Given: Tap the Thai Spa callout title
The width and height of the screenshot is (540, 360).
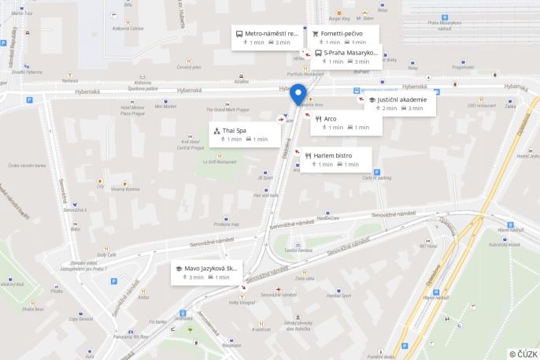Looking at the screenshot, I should [x=234, y=130].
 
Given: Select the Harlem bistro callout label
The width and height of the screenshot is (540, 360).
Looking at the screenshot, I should [x=333, y=156].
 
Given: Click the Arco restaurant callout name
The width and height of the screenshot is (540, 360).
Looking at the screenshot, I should [x=330, y=118].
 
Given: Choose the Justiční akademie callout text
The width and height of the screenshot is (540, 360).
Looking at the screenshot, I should [x=401, y=100].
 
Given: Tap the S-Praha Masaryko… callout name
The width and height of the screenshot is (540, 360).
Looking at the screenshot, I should [x=350, y=53].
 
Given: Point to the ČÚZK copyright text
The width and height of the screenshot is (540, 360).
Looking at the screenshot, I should [x=523, y=354].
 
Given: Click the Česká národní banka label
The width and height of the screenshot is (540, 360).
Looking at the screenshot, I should [x=27, y=165].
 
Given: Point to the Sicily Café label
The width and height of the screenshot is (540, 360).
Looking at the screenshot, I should [x=106, y=254].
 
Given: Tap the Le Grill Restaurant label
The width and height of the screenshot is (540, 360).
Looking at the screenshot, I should [x=220, y=161].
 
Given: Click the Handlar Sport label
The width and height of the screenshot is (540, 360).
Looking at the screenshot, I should [x=338, y=295].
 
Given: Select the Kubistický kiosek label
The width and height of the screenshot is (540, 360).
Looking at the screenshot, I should [x=501, y=244].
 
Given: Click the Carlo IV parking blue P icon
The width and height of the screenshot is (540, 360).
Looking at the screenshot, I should [x=377, y=172].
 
